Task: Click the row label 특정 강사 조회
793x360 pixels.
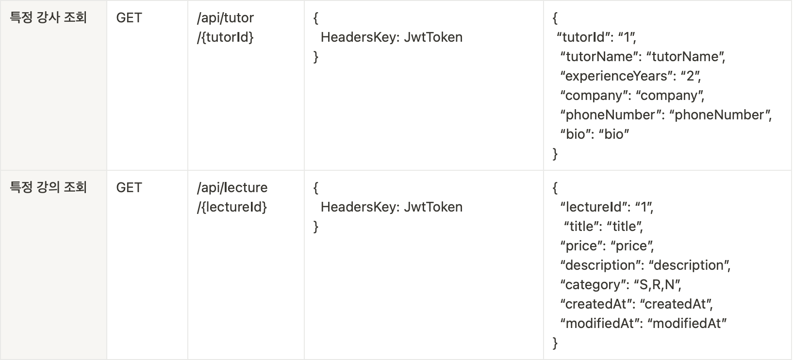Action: (x=48, y=17)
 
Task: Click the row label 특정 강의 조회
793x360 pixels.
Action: (x=48, y=187)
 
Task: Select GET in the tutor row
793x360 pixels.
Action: (x=129, y=17)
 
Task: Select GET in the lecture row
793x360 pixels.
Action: (x=129, y=188)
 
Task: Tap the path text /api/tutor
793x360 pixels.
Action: (x=226, y=18)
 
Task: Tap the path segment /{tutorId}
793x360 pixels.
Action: (x=226, y=37)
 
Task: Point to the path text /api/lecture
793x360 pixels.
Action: (x=232, y=188)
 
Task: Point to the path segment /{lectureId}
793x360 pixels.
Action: (x=232, y=207)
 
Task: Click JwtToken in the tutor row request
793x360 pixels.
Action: (x=433, y=37)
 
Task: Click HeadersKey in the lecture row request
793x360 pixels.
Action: (x=358, y=207)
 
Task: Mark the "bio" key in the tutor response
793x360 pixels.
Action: (x=573, y=134)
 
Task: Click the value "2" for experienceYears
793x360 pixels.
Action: (x=690, y=76)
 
